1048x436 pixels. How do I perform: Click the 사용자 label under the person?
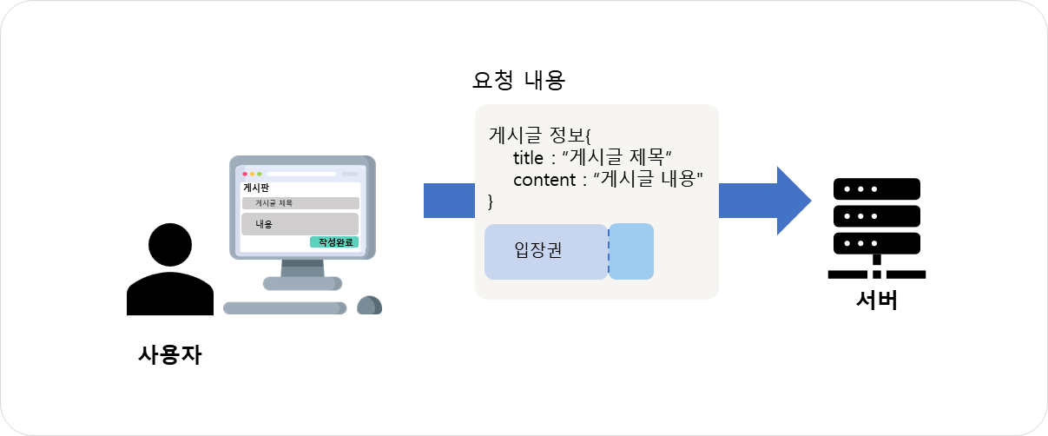[170, 355]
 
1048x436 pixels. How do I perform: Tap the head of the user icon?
[170, 245]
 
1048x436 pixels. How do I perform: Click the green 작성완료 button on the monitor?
[334, 241]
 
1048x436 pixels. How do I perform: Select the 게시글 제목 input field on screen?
[300, 203]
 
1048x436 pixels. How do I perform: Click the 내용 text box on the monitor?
[300, 224]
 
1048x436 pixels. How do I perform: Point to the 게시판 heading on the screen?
[256, 188]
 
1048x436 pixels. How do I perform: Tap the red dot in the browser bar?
[245, 174]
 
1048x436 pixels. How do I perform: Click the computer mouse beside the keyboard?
[369, 305]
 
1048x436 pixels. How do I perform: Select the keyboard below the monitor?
[285, 307]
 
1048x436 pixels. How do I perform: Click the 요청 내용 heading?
[519, 80]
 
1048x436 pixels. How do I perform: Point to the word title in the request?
[528, 158]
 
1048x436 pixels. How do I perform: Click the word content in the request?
[544, 180]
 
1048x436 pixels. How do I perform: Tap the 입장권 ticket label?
[538, 250]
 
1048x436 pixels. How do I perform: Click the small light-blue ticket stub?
[631, 252]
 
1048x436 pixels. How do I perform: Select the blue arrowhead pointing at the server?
[794, 201]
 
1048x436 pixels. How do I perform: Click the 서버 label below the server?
[877, 300]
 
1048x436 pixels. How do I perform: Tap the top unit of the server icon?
[877, 189]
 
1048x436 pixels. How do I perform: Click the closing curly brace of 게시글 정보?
[491, 201]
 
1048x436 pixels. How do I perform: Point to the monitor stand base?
[302, 283]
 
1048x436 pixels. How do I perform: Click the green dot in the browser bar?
[260, 174]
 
